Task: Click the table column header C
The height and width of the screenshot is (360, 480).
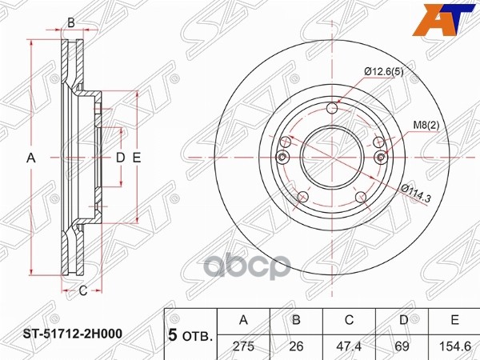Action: click(x=349, y=321)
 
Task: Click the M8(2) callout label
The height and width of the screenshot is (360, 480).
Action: click(x=426, y=123)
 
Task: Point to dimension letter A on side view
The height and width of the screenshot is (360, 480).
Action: click(x=32, y=158)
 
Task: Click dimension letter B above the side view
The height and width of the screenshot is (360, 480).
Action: click(x=70, y=22)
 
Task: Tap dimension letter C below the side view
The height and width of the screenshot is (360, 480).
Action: click(x=82, y=290)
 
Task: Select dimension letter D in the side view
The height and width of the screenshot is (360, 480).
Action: click(x=120, y=158)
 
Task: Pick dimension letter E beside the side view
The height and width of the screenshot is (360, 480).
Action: click(x=137, y=158)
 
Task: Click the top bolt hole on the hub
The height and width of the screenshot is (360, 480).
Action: click(x=334, y=110)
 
